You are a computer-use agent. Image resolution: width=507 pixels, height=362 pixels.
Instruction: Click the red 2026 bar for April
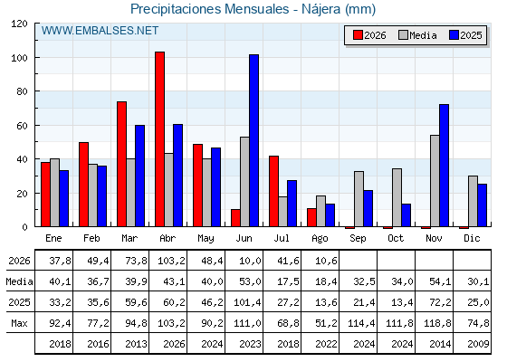(159, 139)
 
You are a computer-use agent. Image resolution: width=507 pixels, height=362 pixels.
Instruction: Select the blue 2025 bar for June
(254, 140)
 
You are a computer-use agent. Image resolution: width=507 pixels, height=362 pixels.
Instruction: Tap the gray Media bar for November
(435, 181)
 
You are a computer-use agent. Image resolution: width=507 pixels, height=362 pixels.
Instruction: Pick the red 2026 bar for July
(273, 191)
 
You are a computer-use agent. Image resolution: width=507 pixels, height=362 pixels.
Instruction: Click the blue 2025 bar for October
(407, 215)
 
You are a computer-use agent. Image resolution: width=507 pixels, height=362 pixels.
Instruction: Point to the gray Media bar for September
(359, 199)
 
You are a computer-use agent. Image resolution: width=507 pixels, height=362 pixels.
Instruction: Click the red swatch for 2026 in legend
(358, 35)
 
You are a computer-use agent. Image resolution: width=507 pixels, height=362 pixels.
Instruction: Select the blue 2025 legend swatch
(454, 35)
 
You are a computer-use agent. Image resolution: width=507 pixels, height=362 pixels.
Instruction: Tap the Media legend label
(423, 35)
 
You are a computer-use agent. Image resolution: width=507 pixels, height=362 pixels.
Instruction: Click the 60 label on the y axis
(22, 126)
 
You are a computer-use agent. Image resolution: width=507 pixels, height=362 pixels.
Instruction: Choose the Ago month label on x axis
(320, 239)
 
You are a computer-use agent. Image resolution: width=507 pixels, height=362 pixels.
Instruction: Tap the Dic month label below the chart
(472, 238)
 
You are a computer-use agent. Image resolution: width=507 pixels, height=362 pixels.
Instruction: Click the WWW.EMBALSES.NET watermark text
(100, 31)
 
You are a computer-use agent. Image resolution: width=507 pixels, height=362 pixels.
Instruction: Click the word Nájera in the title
(321, 9)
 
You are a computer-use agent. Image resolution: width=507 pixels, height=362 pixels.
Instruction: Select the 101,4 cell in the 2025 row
(247, 302)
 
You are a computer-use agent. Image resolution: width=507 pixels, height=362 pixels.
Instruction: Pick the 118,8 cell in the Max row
(437, 323)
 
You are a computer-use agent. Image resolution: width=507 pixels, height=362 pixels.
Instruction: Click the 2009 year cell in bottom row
(478, 344)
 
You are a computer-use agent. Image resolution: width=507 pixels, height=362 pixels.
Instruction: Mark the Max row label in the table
(19, 323)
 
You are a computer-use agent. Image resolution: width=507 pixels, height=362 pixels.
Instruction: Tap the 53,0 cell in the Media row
(250, 281)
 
